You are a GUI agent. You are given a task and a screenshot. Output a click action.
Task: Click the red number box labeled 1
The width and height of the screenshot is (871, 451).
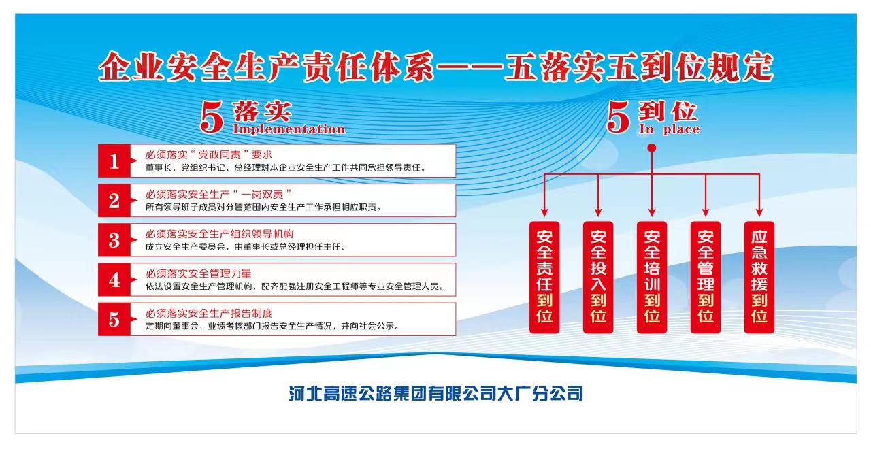[114, 161]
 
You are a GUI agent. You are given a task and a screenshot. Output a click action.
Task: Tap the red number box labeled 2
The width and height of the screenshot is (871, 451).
[114, 201]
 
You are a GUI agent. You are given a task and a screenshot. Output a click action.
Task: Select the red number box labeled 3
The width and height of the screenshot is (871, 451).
[114, 240]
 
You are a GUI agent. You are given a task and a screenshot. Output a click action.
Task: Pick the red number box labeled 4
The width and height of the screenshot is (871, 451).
[114, 280]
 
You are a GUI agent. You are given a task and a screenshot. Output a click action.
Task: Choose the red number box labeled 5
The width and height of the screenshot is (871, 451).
[114, 320]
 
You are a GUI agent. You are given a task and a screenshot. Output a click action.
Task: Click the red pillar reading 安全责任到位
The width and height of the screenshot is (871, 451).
[544, 278]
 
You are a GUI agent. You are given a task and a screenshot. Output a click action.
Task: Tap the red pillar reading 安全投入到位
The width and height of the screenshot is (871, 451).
[598, 278]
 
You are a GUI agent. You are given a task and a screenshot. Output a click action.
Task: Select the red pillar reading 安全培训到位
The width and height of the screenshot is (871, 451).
[652, 278]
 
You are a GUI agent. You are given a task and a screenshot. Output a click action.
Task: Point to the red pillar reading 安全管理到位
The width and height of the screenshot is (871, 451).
[706, 278]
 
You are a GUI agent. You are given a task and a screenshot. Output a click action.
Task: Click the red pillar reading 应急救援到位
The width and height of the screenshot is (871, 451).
[759, 278]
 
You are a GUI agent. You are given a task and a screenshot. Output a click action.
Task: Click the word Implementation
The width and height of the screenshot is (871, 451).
[289, 129]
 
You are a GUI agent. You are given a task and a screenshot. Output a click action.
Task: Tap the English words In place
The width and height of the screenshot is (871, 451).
[669, 129]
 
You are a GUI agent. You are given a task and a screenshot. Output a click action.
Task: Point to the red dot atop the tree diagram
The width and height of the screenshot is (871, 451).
[652, 148]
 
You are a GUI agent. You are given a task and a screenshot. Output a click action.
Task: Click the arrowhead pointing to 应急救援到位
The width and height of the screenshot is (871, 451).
[759, 212]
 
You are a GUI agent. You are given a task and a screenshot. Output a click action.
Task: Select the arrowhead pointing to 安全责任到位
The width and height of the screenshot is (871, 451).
[544, 212]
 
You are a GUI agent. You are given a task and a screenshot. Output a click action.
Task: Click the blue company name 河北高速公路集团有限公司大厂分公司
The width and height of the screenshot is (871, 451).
[436, 393]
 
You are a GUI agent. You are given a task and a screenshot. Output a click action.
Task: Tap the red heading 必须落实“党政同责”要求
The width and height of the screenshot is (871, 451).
[209, 154]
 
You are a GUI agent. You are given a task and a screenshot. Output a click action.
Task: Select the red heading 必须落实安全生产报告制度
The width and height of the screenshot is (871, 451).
[209, 314]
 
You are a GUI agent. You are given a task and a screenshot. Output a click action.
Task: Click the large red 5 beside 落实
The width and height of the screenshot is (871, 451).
[212, 116]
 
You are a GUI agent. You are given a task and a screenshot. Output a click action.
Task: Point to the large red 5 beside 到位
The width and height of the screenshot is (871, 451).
[619, 116]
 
